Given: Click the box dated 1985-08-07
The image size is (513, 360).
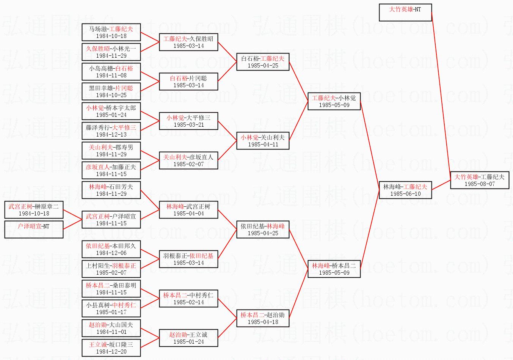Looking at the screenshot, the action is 480,180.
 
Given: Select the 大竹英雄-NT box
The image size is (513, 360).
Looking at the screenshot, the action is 405,13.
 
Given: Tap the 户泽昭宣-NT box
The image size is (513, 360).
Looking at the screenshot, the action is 34,230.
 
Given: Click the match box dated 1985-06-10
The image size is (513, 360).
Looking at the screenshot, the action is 405,190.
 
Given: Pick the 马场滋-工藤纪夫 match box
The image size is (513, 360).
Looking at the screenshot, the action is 111,32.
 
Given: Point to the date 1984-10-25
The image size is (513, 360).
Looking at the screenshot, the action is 111,95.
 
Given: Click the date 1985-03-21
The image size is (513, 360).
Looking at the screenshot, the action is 189,125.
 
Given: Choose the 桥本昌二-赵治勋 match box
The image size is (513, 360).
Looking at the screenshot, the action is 263,318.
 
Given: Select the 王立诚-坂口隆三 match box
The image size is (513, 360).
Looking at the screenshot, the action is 111,347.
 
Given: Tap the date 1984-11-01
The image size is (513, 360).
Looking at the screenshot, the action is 111,332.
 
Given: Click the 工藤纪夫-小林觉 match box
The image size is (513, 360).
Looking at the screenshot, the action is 334,101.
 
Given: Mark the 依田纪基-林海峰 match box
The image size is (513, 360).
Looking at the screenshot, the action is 263,230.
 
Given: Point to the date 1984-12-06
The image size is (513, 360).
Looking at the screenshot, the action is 111,253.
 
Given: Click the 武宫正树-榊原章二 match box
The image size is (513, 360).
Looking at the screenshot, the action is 34,210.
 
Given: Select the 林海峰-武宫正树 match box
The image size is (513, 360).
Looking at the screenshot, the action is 189,210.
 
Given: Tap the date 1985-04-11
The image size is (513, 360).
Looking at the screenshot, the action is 263,145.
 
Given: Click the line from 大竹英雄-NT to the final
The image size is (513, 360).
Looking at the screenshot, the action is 441,96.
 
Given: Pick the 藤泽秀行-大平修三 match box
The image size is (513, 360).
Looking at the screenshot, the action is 111,130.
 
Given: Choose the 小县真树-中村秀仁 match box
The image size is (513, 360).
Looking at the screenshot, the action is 111,308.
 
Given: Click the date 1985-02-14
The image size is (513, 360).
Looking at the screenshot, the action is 189,302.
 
